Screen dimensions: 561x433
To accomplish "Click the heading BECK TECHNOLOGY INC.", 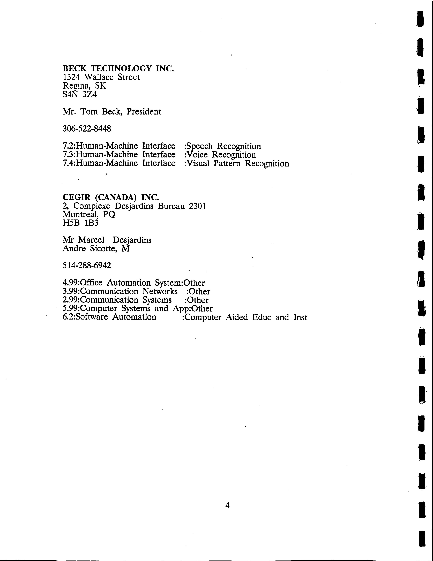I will click(x=118, y=68).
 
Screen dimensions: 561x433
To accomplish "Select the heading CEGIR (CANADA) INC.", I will click(x=111, y=197).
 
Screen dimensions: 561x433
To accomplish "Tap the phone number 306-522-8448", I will click(x=87, y=128).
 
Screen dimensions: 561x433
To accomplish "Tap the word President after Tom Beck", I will click(x=144, y=112).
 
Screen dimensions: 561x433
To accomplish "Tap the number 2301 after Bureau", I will click(x=197, y=206).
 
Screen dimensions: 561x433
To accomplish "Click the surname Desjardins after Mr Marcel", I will click(x=132, y=240).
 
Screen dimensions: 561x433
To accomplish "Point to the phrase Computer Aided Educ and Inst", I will click(x=246, y=317).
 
